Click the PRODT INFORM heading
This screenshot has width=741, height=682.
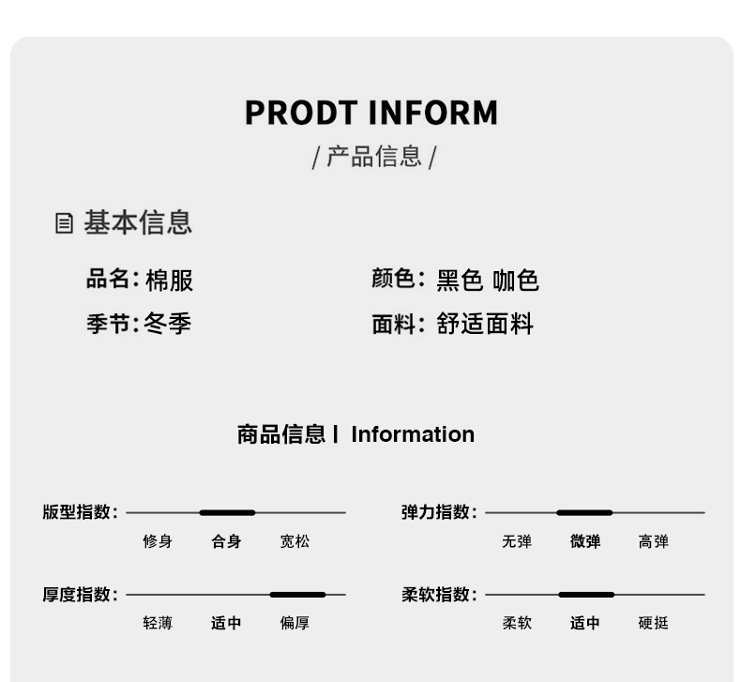370,113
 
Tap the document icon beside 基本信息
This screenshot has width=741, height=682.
64,223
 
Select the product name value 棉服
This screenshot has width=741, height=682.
169,280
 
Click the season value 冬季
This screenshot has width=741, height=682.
168,325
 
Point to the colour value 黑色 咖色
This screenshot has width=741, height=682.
488,280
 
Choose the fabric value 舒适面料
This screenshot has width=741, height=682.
485,325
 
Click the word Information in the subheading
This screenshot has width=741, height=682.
413,434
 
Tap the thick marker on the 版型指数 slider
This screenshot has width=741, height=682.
227,513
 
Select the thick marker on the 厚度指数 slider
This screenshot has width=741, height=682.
297,595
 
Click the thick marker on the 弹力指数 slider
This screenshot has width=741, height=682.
584,513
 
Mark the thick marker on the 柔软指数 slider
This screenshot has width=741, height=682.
586,595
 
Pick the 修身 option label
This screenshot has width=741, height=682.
158,541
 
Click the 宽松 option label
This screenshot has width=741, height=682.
295,541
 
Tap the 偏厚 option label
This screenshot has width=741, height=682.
295,623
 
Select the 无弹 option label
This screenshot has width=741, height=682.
517,541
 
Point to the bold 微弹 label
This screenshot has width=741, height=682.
585,541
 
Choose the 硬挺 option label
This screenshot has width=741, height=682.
654,623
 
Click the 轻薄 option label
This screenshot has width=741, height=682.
158,623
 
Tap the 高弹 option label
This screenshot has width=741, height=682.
654,541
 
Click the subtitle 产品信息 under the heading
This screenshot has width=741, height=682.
373,157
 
